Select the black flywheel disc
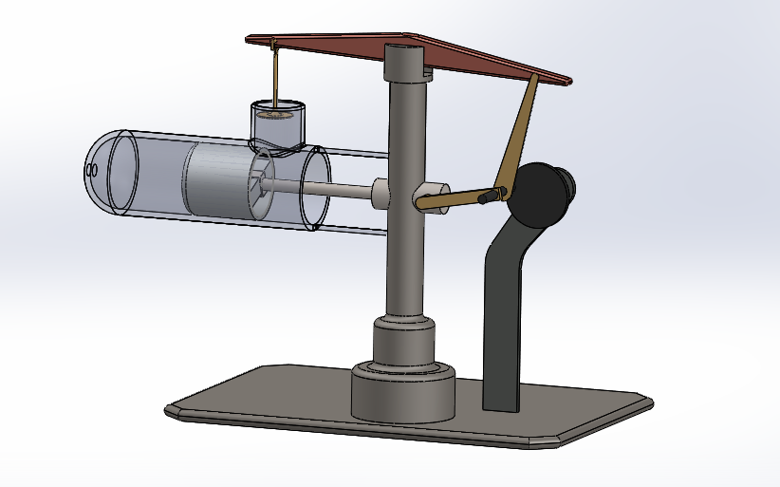point(537,195)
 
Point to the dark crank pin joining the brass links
point(490,197)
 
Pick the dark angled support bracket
point(502,313)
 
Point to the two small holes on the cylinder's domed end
point(92,170)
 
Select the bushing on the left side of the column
point(381,193)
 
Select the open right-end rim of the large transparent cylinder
point(314,189)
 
